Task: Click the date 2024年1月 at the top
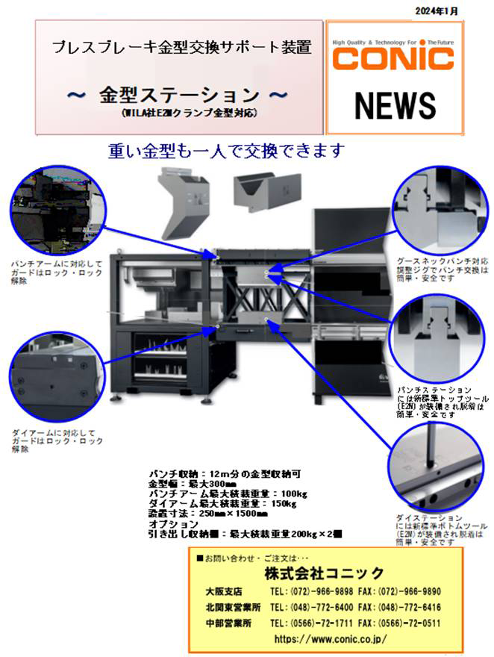pos(437,11)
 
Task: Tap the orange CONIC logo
pos(394,57)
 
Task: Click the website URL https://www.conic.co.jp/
pos(330,639)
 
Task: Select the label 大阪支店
pos(224,591)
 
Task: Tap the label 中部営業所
pos(228,623)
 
